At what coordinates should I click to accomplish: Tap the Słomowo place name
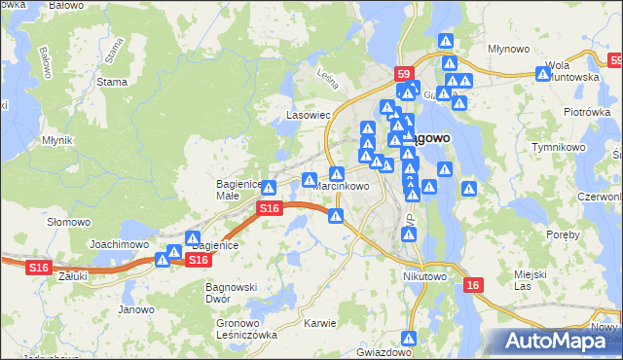69,222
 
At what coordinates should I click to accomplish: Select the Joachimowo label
119,244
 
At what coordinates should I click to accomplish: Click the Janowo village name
136,309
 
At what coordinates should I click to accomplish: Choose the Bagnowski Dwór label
231,293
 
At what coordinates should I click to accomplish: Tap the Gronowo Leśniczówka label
246,329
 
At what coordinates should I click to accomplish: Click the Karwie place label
319,323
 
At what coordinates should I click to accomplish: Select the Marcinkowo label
342,187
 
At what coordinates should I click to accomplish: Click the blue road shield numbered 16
473,284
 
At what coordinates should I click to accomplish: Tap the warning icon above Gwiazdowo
410,339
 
